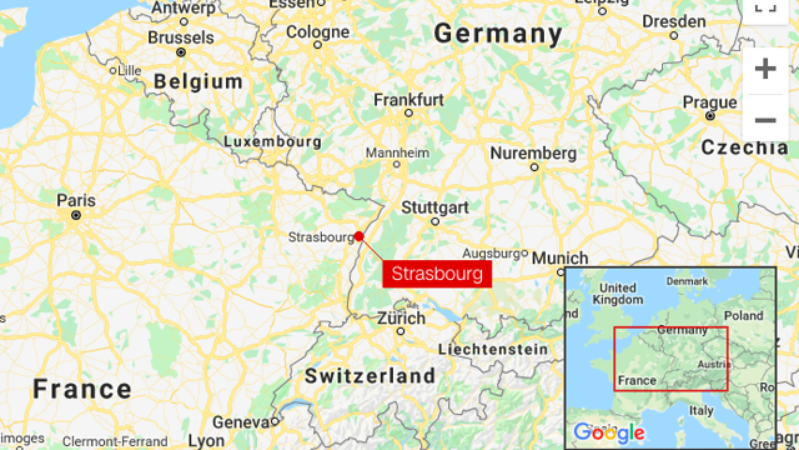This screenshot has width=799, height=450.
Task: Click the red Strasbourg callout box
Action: point(437,274)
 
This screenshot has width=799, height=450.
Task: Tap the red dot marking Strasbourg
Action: point(359,236)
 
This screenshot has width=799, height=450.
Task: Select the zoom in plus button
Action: point(765,69)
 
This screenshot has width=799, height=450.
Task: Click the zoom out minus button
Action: point(765,120)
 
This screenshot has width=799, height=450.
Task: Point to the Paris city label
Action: point(76,201)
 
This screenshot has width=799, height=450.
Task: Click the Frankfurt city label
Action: point(409,100)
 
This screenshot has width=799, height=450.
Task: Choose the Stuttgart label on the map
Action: point(435,207)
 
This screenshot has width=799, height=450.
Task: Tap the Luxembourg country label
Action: point(273,142)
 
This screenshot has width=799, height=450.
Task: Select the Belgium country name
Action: point(198,81)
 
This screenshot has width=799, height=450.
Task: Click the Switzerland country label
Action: point(370,376)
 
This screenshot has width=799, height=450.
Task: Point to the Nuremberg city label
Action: point(533,153)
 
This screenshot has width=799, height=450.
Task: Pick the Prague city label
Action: point(710,102)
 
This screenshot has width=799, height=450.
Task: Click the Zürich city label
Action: point(401,318)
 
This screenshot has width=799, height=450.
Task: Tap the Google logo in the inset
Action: point(609,432)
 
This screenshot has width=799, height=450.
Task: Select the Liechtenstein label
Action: point(493,349)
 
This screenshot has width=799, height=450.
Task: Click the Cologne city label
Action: point(318,32)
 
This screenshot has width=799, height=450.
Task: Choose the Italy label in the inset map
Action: point(701,411)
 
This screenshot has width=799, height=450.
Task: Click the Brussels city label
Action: point(181,37)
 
